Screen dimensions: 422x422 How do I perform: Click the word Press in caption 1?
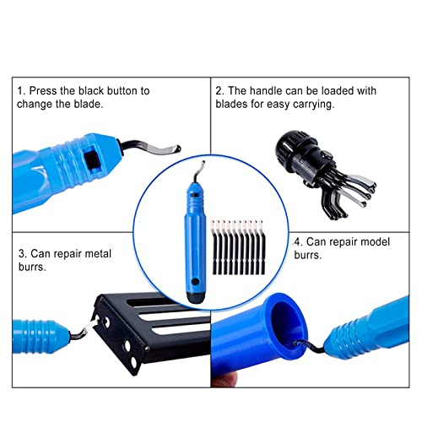[43, 91]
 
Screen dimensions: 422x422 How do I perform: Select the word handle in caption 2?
[266, 91]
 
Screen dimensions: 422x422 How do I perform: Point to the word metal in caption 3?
[98, 254]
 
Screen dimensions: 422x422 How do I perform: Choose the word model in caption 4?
[375, 242]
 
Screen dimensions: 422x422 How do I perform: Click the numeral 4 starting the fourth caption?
[297, 242]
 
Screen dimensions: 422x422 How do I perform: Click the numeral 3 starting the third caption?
[22, 254]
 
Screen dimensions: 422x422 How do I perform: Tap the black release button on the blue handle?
[92, 160]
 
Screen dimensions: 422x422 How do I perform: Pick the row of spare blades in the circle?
[238, 247]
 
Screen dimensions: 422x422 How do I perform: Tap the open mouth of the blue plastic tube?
[287, 318]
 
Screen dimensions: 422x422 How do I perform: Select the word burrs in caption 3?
[31, 267]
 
